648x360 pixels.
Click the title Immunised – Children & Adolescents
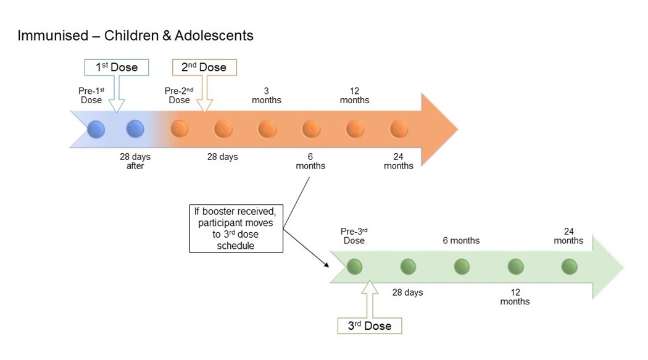point(136,36)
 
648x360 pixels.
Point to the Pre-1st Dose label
point(91,96)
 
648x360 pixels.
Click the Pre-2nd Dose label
point(179,96)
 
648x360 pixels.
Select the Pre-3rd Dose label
point(354,236)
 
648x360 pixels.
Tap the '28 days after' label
point(135,161)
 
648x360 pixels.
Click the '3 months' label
point(267,96)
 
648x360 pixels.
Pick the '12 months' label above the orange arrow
point(355,96)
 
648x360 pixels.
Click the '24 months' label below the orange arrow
point(399,161)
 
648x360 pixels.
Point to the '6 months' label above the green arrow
point(461,241)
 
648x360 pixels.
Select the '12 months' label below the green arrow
point(515,297)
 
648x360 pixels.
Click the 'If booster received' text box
point(236,228)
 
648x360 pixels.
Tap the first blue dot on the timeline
point(96,130)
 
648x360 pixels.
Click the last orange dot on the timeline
point(399,129)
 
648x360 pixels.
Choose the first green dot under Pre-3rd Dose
point(354,267)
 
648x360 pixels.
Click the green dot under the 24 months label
point(569,267)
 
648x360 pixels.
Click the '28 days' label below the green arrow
point(407,292)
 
